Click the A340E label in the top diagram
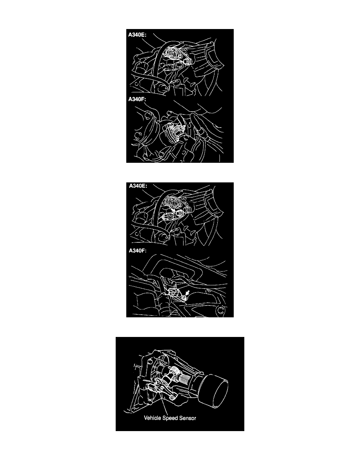[x=137, y=35]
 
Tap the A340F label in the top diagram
[x=137, y=99]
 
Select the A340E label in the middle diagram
[x=138, y=186]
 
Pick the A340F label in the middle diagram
[x=138, y=251]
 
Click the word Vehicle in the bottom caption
[x=152, y=418]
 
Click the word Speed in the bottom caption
[x=170, y=418]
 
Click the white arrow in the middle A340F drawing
[x=187, y=293]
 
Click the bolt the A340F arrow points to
[x=184, y=297]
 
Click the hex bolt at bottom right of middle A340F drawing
[x=220, y=311]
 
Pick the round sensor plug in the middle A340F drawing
[x=172, y=292]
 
